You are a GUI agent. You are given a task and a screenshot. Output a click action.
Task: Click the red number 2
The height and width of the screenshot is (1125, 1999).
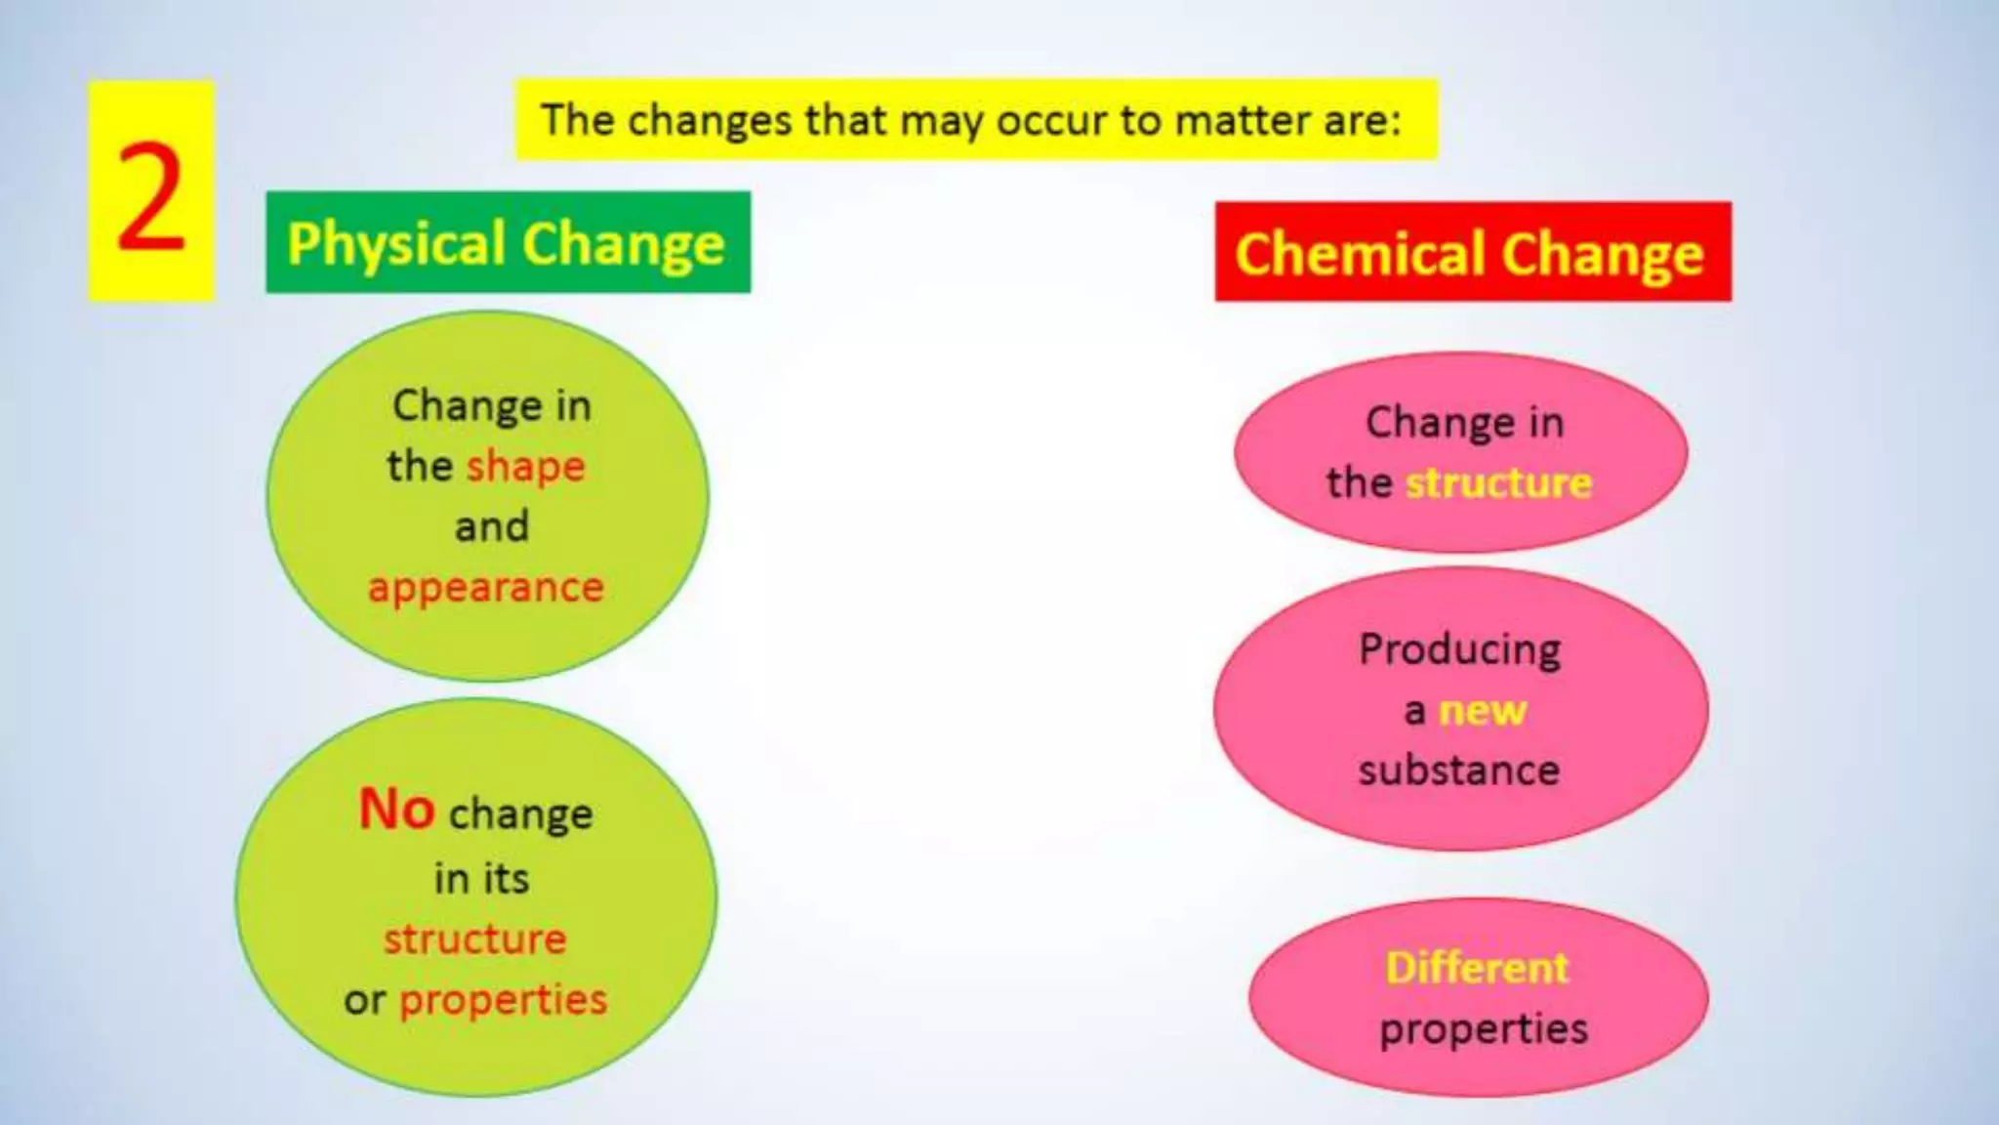coord(151,195)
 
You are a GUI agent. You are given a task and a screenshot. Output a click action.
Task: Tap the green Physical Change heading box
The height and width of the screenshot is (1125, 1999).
coord(508,242)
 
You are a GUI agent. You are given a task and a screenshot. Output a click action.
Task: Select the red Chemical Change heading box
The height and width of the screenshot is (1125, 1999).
coord(1472,252)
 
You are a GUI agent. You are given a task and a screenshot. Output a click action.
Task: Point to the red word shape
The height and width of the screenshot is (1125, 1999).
coord(526,467)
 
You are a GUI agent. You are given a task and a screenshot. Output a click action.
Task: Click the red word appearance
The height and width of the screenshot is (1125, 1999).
coord(486,588)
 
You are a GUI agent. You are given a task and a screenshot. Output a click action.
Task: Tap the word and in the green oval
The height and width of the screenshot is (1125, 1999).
coord(492,526)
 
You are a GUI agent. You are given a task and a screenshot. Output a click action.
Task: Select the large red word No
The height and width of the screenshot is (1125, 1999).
coord(396,810)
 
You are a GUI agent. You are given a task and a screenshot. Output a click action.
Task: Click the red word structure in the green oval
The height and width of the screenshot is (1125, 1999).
coord(474,939)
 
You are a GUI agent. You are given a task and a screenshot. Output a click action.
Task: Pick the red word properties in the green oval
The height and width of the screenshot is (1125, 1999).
coord(504,1000)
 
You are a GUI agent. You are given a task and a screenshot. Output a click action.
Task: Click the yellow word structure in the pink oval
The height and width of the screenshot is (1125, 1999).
coord(1498,483)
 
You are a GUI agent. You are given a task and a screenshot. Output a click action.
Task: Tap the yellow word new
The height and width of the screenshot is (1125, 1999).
coord(1483,710)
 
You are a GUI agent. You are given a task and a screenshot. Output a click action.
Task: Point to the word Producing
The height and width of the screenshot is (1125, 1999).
coord(1460,650)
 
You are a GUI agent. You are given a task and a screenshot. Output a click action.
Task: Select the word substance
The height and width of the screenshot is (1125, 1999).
coord(1459,771)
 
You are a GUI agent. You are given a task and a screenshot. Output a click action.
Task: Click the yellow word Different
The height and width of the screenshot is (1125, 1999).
coord(1477,968)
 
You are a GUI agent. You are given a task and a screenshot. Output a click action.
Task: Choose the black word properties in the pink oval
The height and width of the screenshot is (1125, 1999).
coord(1484,1029)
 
